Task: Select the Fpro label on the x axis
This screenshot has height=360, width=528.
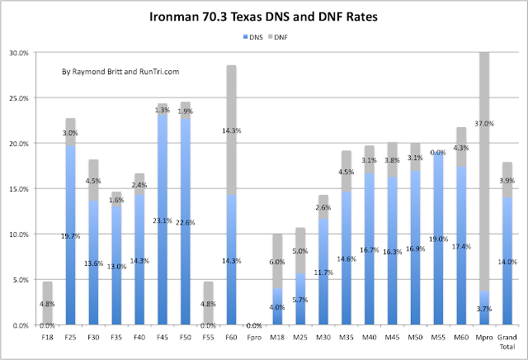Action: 255,337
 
